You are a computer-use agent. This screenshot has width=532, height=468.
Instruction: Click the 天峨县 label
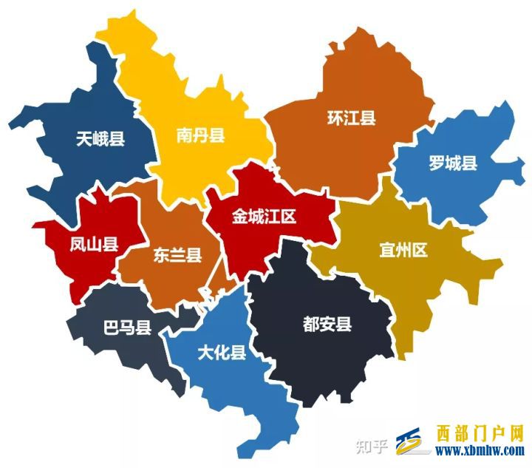click(100, 138)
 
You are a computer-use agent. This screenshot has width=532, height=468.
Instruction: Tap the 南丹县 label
click(200, 135)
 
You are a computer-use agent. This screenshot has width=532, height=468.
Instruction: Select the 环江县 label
click(352, 118)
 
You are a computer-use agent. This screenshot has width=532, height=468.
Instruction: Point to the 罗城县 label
click(453, 163)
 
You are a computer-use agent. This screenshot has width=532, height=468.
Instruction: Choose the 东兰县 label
click(177, 256)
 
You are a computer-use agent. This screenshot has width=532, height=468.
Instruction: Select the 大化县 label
click(222, 352)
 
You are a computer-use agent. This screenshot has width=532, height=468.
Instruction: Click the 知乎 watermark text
click(371, 445)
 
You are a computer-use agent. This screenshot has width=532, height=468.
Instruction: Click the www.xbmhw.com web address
click(480, 450)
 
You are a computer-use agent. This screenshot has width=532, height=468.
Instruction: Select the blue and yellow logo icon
click(413, 441)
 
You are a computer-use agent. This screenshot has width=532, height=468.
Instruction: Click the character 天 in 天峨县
click(83, 138)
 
